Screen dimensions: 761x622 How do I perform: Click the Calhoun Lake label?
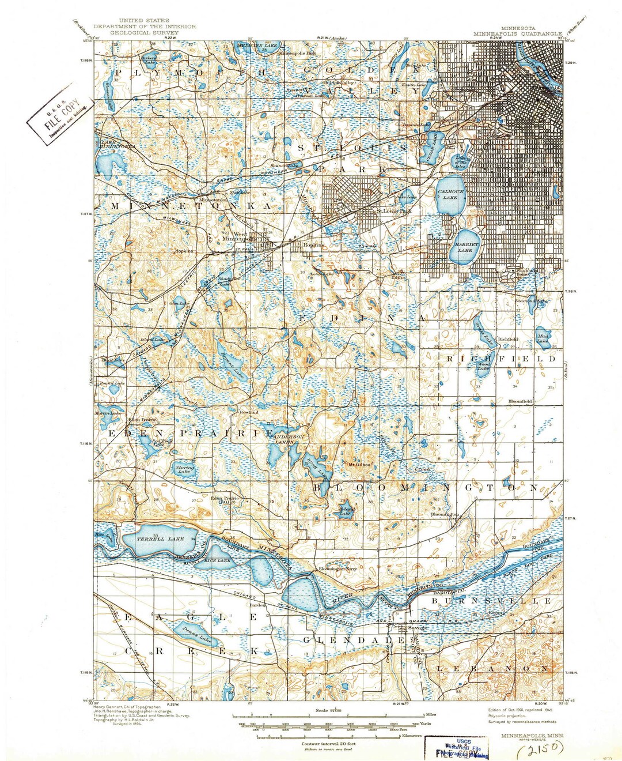tap(450, 194)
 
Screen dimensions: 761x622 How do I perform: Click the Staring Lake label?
tap(185, 469)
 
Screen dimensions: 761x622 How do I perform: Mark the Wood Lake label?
tap(483, 366)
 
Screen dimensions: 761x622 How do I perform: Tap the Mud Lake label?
tap(543, 338)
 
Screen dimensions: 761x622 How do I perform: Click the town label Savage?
tap(418, 627)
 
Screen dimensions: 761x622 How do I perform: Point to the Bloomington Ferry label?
tap(338, 568)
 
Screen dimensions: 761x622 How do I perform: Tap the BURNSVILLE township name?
tap(492, 601)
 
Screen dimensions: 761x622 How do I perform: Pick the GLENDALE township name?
tap(353, 640)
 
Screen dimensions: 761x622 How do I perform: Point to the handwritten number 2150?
tap(540, 749)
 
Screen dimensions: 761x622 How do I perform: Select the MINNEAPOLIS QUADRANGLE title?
tap(518, 33)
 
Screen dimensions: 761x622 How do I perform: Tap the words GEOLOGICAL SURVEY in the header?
tap(144, 33)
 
